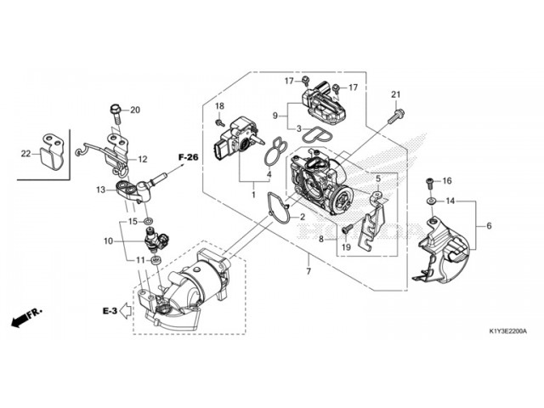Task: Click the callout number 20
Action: [135, 110]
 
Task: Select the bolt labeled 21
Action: [396, 116]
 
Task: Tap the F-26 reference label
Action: [189, 157]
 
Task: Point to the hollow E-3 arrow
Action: [126, 311]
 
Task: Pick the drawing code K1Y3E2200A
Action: [508, 331]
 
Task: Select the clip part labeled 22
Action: [52, 151]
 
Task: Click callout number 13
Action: [100, 190]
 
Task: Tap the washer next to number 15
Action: [150, 221]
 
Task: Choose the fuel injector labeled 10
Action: [156, 239]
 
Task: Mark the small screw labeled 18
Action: [219, 122]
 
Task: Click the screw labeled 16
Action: [430, 183]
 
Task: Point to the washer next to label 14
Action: [431, 201]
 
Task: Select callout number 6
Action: [489, 226]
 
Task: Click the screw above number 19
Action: [348, 229]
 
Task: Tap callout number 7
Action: [309, 270]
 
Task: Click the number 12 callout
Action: [143, 159]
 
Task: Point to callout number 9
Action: [275, 116]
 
